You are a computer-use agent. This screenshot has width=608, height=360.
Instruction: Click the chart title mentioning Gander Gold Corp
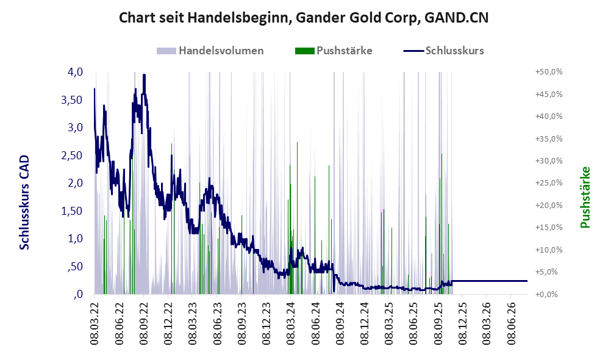(304, 18)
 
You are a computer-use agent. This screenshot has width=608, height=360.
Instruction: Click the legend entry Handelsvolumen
(221, 51)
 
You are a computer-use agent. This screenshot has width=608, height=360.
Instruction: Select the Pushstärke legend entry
(345, 51)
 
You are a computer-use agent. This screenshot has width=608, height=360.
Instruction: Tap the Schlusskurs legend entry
(454, 51)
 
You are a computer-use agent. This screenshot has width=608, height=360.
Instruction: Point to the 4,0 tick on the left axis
(75, 72)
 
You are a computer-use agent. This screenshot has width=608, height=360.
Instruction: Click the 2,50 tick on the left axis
(72, 155)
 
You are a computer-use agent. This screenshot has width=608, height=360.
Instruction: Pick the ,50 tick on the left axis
(75, 267)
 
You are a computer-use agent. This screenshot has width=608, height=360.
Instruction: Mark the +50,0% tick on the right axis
(549, 72)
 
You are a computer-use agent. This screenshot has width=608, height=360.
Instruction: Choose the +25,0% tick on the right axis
(549, 182)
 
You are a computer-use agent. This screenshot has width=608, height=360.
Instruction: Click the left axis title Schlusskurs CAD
(24, 203)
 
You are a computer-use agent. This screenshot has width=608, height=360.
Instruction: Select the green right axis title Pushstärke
(585, 197)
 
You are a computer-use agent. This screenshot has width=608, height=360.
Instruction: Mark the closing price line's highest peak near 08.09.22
(144, 75)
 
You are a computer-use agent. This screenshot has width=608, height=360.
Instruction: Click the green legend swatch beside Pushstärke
(304, 51)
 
